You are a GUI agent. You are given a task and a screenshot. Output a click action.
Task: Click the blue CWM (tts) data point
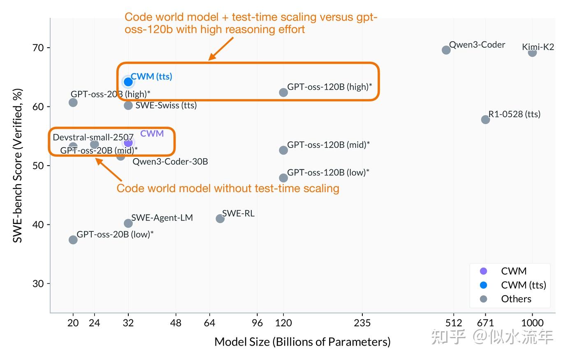(x=128, y=82)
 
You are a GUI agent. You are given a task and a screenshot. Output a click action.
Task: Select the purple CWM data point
(x=128, y=142)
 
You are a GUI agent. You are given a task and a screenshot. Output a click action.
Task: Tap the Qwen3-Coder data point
(x=446, y=50)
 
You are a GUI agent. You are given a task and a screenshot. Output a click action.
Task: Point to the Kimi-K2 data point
(x=532, y=53)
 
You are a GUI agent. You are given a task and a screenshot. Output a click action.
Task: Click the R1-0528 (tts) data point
(x=485, y=120)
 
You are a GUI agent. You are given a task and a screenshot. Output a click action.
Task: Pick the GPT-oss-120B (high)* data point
(x=283, y=92)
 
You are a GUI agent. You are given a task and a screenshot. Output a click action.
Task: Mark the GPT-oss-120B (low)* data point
(x=283, y=178)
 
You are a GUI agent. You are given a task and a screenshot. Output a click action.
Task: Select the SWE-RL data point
(x=220, y=219)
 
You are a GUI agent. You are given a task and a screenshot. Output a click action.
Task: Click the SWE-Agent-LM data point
(x=128, y=223)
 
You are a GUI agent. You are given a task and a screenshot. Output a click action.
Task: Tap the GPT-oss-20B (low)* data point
(x=73, y=240)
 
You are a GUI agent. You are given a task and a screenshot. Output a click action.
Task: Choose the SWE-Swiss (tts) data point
(x=128, y=106)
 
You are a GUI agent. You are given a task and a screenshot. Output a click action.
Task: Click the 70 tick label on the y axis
(x=38, y=48)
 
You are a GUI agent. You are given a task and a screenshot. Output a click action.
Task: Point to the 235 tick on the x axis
(x=362, y=323)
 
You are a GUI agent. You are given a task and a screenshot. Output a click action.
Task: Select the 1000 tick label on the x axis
(x=532, y=323)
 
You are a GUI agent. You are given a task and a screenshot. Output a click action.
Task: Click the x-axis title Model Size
(x=302, y=342)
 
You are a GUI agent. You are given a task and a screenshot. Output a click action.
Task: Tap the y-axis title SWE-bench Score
(x=17, y=166)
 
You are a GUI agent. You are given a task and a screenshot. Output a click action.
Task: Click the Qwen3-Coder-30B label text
(x=170, y=162)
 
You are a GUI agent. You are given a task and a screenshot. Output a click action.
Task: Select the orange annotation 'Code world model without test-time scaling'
(x=228, y=188)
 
